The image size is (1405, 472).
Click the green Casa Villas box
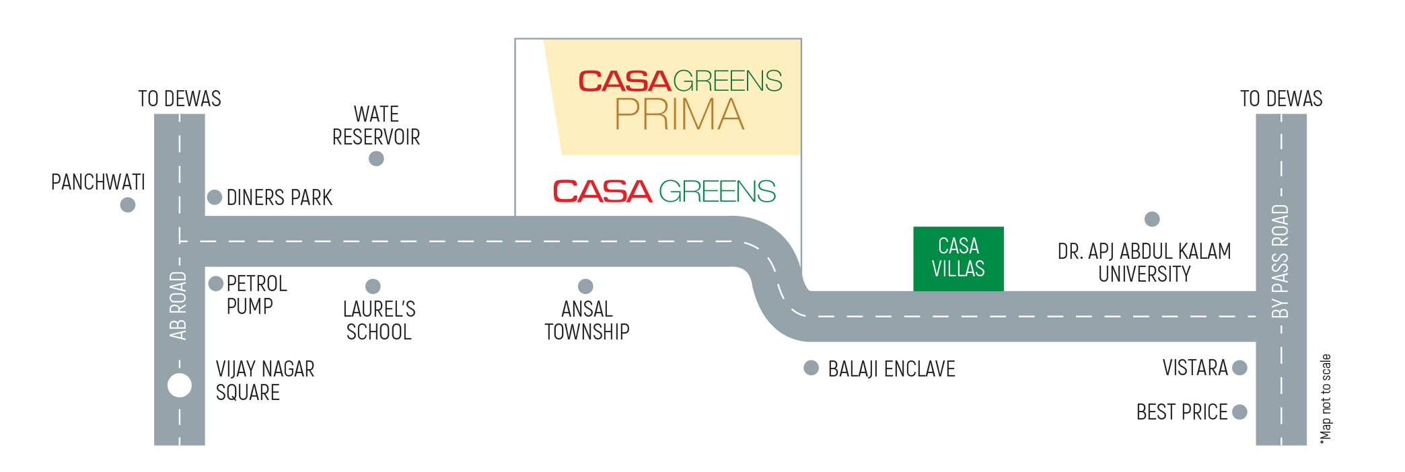point(958,258)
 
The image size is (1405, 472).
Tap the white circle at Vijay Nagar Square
point(180,386)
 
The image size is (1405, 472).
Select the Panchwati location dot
point(128,205)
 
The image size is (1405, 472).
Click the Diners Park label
point(279,198)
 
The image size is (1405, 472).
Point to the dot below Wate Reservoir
point(376,159)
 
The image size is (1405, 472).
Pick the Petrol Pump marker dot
point(216,284)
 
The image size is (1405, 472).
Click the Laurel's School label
point(379,320)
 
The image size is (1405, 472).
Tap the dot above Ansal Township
point(586,286)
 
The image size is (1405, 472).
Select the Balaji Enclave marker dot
point(812,368)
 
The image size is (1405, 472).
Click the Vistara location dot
point(1239,368)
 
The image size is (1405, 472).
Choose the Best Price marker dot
point(1239,411)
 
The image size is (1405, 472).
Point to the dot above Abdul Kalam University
point(1152,219)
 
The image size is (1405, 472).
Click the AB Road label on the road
point(178,306)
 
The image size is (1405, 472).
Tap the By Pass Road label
point(1281,262)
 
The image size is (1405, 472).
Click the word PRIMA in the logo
point(680,115)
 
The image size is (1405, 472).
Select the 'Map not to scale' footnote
point(1326,399)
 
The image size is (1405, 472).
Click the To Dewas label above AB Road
point(180,99)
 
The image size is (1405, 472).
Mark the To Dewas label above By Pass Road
point(1281,99)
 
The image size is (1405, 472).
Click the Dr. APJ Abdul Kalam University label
point(1144,262)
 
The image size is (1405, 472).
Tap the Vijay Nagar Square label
point(264,381)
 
